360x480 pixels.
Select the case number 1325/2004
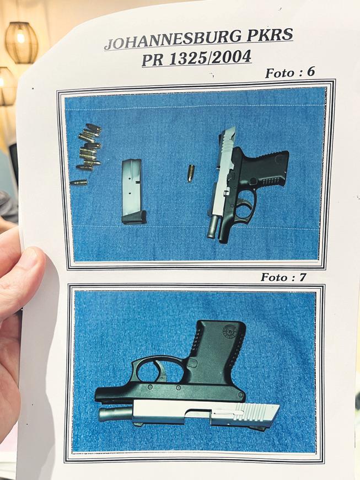210,57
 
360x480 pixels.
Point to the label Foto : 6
289,72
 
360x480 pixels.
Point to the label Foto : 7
283,277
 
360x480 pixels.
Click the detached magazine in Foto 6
133,191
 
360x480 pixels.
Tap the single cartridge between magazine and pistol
191,173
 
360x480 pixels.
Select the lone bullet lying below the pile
79,183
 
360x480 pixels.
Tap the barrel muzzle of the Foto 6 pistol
211,234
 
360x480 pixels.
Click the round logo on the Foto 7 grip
229,330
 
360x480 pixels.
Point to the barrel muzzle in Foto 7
102,415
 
